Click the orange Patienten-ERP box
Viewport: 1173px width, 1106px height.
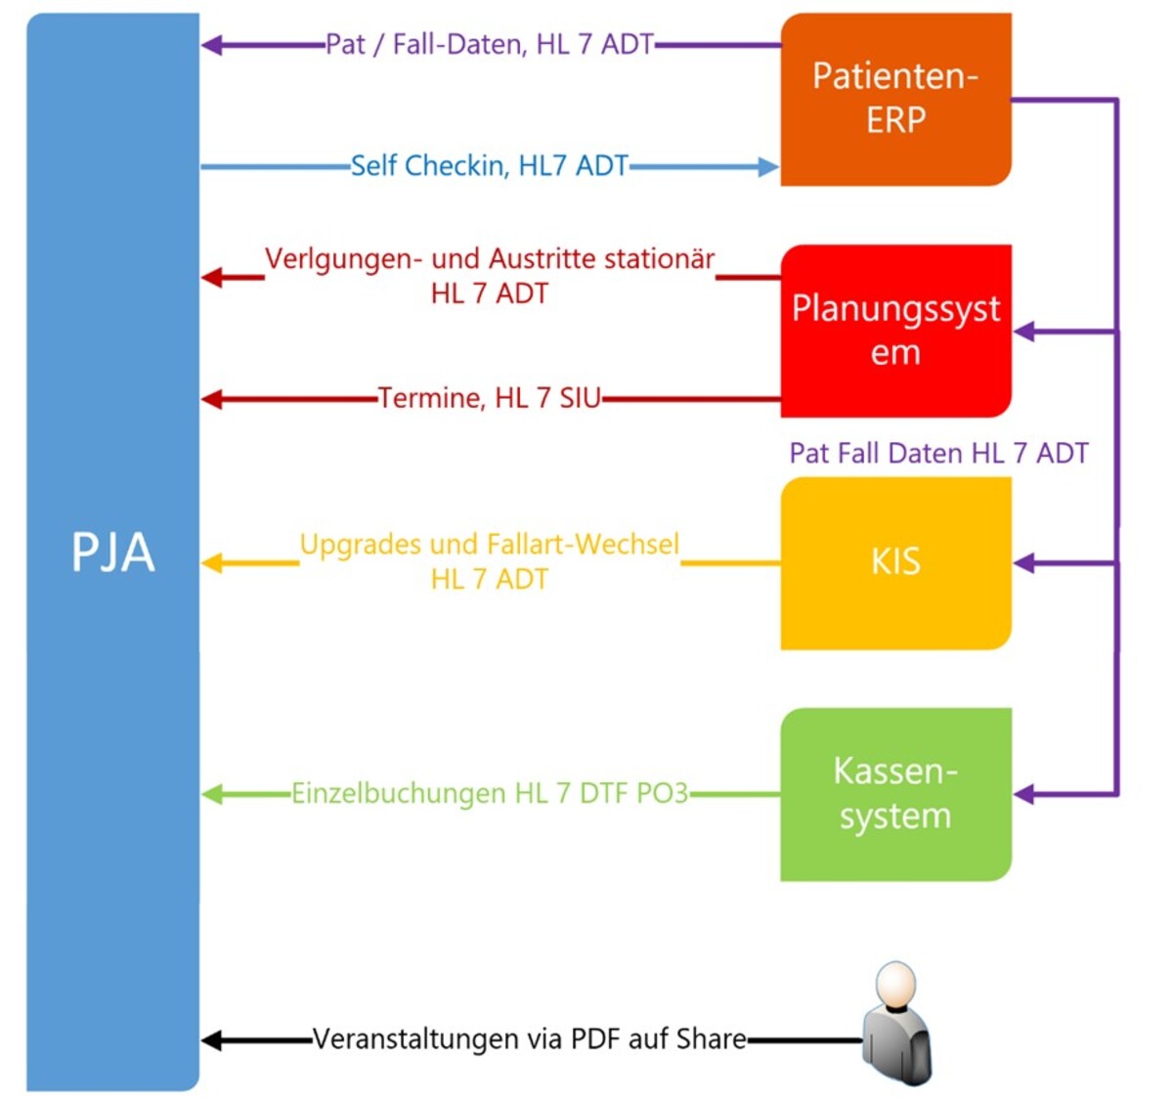point(895,99)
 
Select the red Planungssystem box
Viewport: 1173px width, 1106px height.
point(895,331)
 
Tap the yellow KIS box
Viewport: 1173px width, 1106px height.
point(895,562)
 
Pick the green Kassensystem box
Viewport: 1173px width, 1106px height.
point(895,794)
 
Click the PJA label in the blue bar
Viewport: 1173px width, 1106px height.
point(113,553)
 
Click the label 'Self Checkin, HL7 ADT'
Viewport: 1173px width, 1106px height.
point(489,166)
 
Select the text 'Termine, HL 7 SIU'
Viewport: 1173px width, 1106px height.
point(489,398)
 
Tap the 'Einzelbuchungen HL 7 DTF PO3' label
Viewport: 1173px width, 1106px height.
point(489,793)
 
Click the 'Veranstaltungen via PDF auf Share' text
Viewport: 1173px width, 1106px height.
point(529,1039)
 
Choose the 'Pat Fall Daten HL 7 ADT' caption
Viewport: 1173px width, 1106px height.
point(938,453)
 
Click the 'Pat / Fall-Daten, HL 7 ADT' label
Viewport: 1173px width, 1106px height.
point(489,44)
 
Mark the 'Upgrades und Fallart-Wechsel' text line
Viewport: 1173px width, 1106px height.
point(489,544)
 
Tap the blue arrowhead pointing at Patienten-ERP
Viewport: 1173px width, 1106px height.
point(768,167)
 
